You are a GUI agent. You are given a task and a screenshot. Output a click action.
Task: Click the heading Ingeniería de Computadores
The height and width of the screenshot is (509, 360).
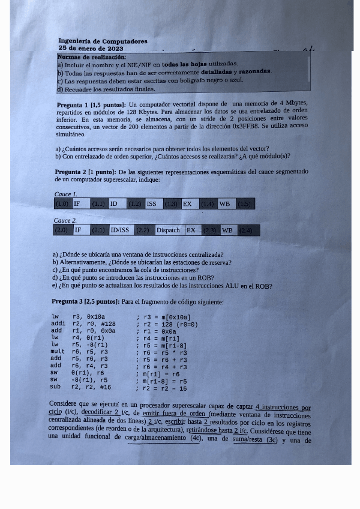(x=103, y=41)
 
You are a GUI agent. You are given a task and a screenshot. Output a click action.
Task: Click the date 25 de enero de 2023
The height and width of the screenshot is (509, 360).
(x=91, y=48)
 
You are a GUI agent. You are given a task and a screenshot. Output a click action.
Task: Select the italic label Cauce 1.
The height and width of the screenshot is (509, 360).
(x=65, y=194)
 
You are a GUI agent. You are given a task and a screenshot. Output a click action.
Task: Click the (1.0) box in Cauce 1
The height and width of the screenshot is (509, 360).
(x=62, y=204)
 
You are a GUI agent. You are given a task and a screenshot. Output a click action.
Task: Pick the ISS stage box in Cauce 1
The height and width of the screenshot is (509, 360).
(x=153, y=204)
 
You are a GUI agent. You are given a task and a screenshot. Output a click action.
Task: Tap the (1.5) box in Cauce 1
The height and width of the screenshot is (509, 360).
(x=245, y=204)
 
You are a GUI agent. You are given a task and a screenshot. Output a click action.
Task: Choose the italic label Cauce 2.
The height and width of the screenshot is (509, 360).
(x=65, y=221)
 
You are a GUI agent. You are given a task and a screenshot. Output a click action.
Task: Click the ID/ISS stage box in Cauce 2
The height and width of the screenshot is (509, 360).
(x=120, y=230)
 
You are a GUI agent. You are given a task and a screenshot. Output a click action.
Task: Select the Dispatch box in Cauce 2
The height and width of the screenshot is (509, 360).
(x=169, y=230)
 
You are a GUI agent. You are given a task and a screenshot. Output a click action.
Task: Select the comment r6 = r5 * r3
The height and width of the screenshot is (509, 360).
(x=164, y=352)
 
